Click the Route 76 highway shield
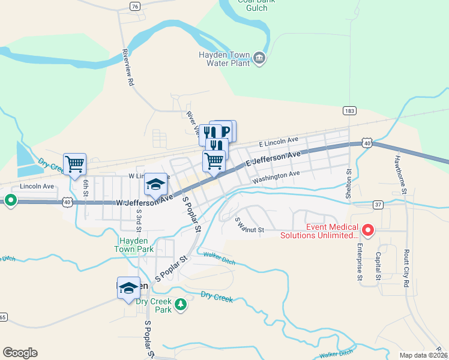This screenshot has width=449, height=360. click(x=135, y=6)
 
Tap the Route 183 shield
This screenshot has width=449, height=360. click(x=349, y=110)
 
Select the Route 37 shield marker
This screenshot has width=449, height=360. click(x=378, y=205)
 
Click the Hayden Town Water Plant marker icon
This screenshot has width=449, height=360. click(x=259, y=58)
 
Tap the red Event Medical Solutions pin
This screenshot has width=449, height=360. click(x=368, y=230)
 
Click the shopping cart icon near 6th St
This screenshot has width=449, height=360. click(x=74, y=163)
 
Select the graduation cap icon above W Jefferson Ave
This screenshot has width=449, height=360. click(x=156, y=183)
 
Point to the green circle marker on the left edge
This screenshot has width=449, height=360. click(x=10, y=201)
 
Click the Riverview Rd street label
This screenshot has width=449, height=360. click(x=128, y=67)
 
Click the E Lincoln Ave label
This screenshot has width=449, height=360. click(x=279, y=141)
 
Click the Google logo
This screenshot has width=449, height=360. click(x=20, y=353)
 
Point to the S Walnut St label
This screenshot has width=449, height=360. click(x=249, y=227)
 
